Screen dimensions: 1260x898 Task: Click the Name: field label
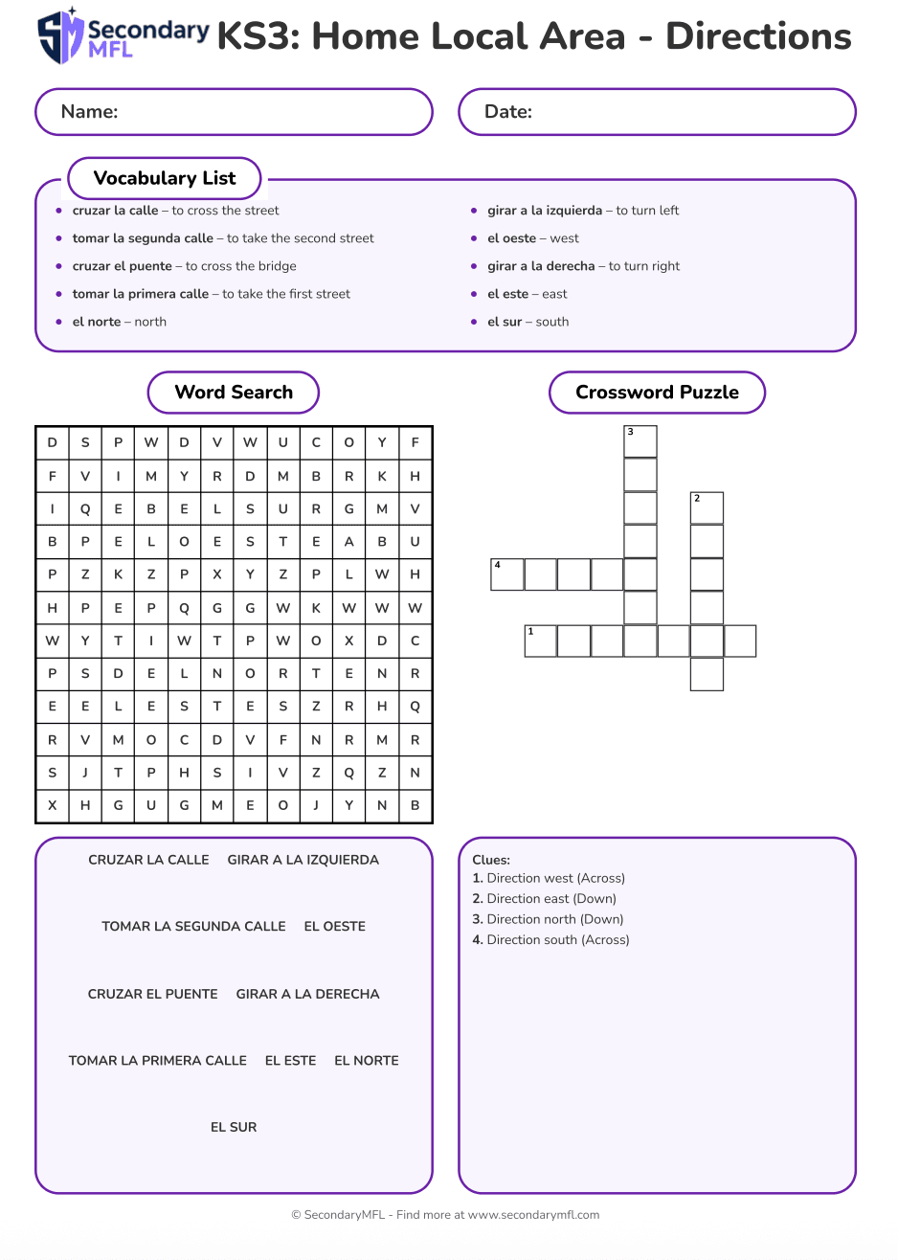(x=89, y=112)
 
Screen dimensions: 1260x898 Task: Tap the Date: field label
(x=508, y=112)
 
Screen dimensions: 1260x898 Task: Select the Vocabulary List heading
(x=165, y=178)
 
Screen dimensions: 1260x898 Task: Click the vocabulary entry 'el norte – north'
(x=119, y=322)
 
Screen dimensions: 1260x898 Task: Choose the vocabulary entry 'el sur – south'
(x=528, y=322)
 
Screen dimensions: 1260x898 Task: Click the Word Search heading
(x=234, y=393)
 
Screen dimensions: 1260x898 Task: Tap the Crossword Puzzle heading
(x=657, y=393)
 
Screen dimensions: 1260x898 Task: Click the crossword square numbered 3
(x=640, y=442)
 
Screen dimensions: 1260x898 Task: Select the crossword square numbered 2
(x=707, y=508)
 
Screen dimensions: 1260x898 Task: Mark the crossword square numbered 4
(x=507, y=574)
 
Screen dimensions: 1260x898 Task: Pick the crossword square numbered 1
(x=541, y=641)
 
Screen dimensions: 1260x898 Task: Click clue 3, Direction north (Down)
(x=548, y=919)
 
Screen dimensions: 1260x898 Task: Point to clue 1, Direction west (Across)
(x=549, y=878)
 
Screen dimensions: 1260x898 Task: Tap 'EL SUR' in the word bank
(x=234, y=1127)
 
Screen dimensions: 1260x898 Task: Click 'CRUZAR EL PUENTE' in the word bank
(x=153, y=994)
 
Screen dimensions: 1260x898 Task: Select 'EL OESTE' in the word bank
(x=335, y=926)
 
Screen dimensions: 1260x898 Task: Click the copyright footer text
(x=445, y=1215)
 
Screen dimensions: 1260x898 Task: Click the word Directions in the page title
(x=758, y=36)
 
